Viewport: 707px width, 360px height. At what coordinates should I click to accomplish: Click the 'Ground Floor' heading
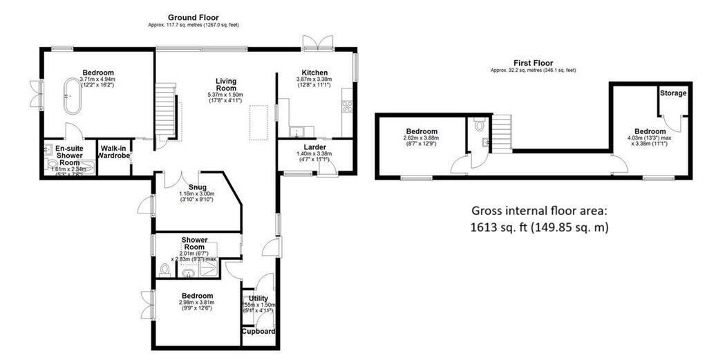(x=194, y=18)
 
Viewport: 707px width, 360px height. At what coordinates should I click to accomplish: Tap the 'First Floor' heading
(x=533, y=63)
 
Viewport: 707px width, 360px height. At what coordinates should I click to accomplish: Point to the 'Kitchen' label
(x=314, y=73)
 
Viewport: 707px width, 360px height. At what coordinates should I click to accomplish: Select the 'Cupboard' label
(x=259, y=331)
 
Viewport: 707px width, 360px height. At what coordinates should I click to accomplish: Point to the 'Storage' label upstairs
(x=673, y=93)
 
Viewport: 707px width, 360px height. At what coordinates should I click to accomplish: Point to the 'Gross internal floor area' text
(x=538, y=211)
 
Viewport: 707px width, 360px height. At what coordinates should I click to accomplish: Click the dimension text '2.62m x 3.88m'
(x=421, y=138)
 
